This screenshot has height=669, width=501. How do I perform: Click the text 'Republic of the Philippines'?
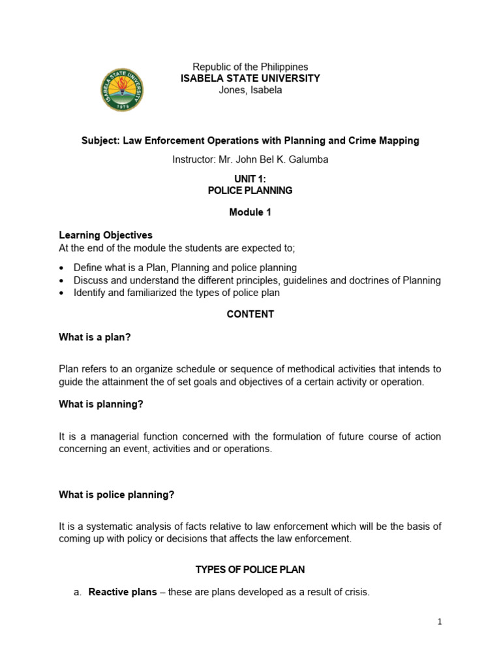(250, 67)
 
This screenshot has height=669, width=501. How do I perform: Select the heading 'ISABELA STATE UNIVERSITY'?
(250, 78)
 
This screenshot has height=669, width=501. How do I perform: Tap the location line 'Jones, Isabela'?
(250, 90)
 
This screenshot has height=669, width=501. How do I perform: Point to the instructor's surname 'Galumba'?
(311, 159)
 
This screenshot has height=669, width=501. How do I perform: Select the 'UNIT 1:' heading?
(250, 179)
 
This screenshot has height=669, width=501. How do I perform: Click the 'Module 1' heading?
(250, 212)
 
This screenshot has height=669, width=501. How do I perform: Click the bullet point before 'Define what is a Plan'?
(61, 268)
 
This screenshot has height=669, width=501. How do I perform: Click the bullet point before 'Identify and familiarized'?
(61, 293)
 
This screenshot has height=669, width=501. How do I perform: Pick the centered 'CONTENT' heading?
(250, 314)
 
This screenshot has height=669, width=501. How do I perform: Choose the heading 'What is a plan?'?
(95, 337)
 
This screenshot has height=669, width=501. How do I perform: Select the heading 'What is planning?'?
(100, 404)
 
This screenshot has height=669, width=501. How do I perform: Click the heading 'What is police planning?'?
(116, 495)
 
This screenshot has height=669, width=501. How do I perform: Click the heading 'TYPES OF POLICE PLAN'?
(250, 570)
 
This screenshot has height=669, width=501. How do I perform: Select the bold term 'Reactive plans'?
(123, 593)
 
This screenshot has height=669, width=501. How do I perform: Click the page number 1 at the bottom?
(440, 622)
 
